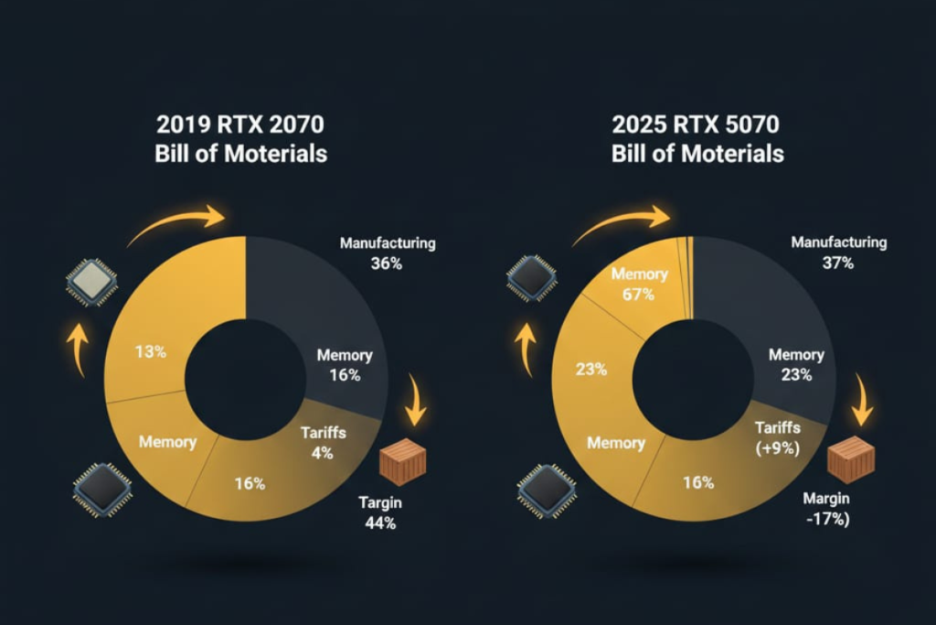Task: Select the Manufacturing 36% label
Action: [x=388, y=253]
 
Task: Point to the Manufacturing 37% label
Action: [x=838, y=252]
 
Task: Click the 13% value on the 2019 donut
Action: [x=150, y=351]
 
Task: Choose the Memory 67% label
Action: [x=640, y=284]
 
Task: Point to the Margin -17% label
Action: [x=826, y=510]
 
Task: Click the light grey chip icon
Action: [x=91, y=280]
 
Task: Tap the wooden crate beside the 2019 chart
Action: [x=402, y=462]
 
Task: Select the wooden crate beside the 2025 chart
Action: [x=850, y=459]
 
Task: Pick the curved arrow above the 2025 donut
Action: [x=622, y=224]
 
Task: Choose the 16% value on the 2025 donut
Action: [x=698, y=482]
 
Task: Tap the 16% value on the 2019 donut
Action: [x=249, y=483]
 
